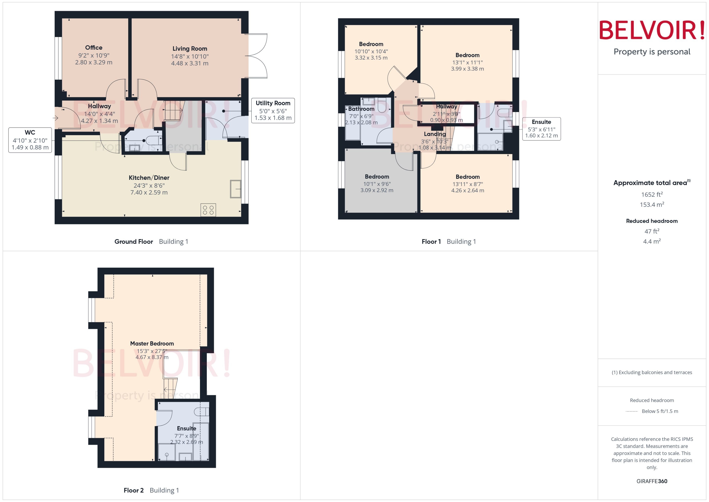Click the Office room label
94,48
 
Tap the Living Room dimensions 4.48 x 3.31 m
190,63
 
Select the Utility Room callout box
273,110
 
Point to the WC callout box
30,140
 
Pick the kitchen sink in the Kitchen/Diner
235,189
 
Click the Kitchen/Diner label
149,178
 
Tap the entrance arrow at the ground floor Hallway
56,118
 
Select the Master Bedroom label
152,344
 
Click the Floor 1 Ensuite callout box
541,129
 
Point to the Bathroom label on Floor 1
361,109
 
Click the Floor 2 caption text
133,490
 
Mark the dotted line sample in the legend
631,411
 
